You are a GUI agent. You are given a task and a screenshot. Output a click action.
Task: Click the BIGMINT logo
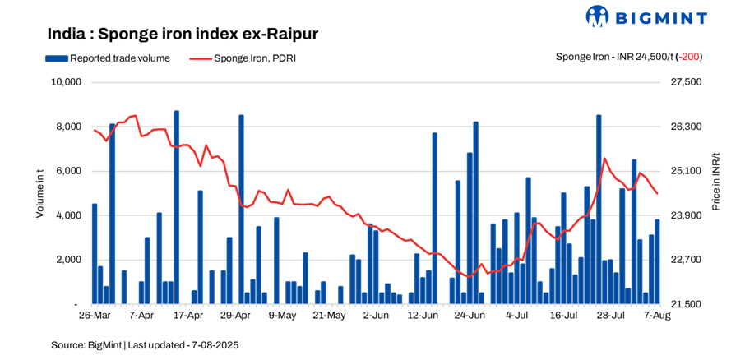pyautogui.click(x=657, y=16)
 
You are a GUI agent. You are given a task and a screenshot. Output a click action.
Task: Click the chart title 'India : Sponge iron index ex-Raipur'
pyautogui.click(x=183, y=35)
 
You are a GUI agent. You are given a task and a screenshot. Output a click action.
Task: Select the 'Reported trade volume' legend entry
pyautogui.click(x=108, y=58)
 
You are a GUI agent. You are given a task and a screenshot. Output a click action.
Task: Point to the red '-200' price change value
pyautogui.click(x=689, y=57)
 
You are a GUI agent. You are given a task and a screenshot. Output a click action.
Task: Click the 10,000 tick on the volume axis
pyautogui.click(x=65, y=82)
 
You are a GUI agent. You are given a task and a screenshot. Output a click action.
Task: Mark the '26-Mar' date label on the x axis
pyautogui.click(x=95, y=315)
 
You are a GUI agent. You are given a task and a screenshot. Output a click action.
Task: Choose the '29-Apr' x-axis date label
pyautogui.click(x=237, y=315)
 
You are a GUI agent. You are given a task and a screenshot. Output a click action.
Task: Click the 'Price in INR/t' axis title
pyautogui.click(x=715, y=182)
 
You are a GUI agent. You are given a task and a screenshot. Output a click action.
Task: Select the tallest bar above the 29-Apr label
pyautogui.click(x=241, y=210)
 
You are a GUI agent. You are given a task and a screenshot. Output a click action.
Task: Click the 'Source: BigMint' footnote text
pyautogui.click(x=145, y=345)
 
